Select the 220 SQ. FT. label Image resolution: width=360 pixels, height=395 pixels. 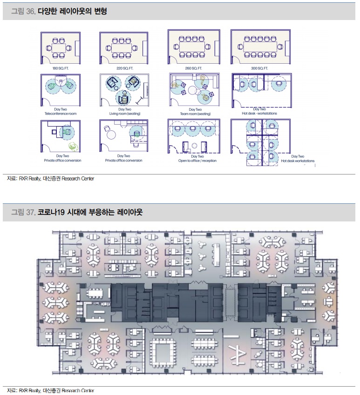[x=123, y=68]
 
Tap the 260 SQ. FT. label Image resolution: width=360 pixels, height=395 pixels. [x=193, y=68]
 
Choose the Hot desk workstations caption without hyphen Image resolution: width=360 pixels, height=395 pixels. [x=298, y=161]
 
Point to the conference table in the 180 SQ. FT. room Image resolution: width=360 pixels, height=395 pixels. [x=60, y=48]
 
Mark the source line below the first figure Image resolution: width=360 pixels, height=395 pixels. [x=51, y=179]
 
